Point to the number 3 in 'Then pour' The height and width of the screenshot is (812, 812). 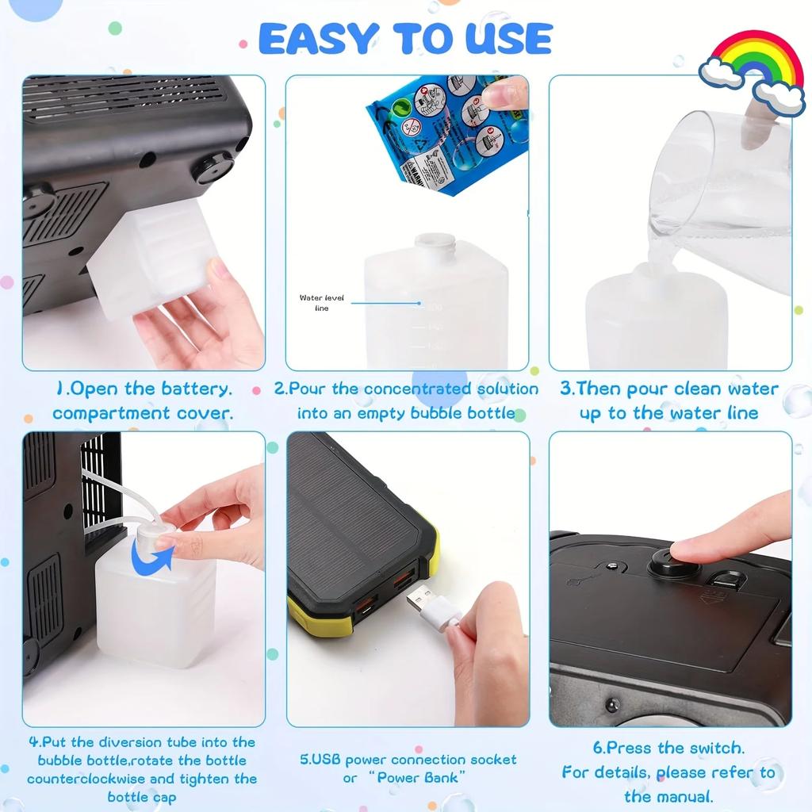(565, 389)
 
